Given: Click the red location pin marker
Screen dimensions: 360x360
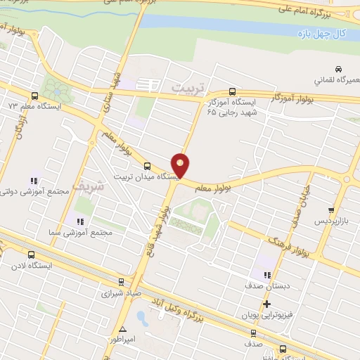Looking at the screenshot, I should coord(181,165).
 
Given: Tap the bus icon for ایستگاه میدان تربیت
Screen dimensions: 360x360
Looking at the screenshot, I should coord(146,166).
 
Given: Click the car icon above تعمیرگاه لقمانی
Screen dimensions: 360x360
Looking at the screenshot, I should coord(339,69).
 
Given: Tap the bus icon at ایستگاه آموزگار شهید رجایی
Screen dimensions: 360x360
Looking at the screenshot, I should coord(232,92).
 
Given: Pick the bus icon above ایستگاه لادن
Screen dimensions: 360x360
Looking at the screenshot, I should coord(30,255).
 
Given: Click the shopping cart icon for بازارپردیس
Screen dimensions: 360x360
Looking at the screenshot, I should coord(331,210).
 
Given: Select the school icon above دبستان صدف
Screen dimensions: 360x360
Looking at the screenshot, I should coord(266,276).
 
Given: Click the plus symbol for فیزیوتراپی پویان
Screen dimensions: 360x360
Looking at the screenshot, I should coord(266,304).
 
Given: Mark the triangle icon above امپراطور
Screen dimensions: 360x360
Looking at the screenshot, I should coord(124,329).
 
